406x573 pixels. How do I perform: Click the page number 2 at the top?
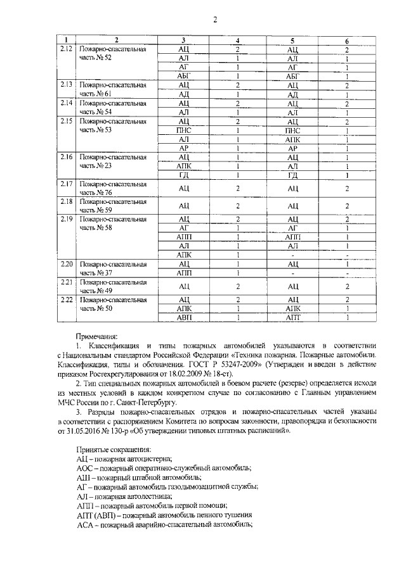click(x=215, y=19)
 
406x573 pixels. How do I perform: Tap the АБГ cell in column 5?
click(x=292, y=76)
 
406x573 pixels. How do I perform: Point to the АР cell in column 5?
click(x=292, y=148)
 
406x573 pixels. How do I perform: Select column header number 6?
click(x=347, y=41)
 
